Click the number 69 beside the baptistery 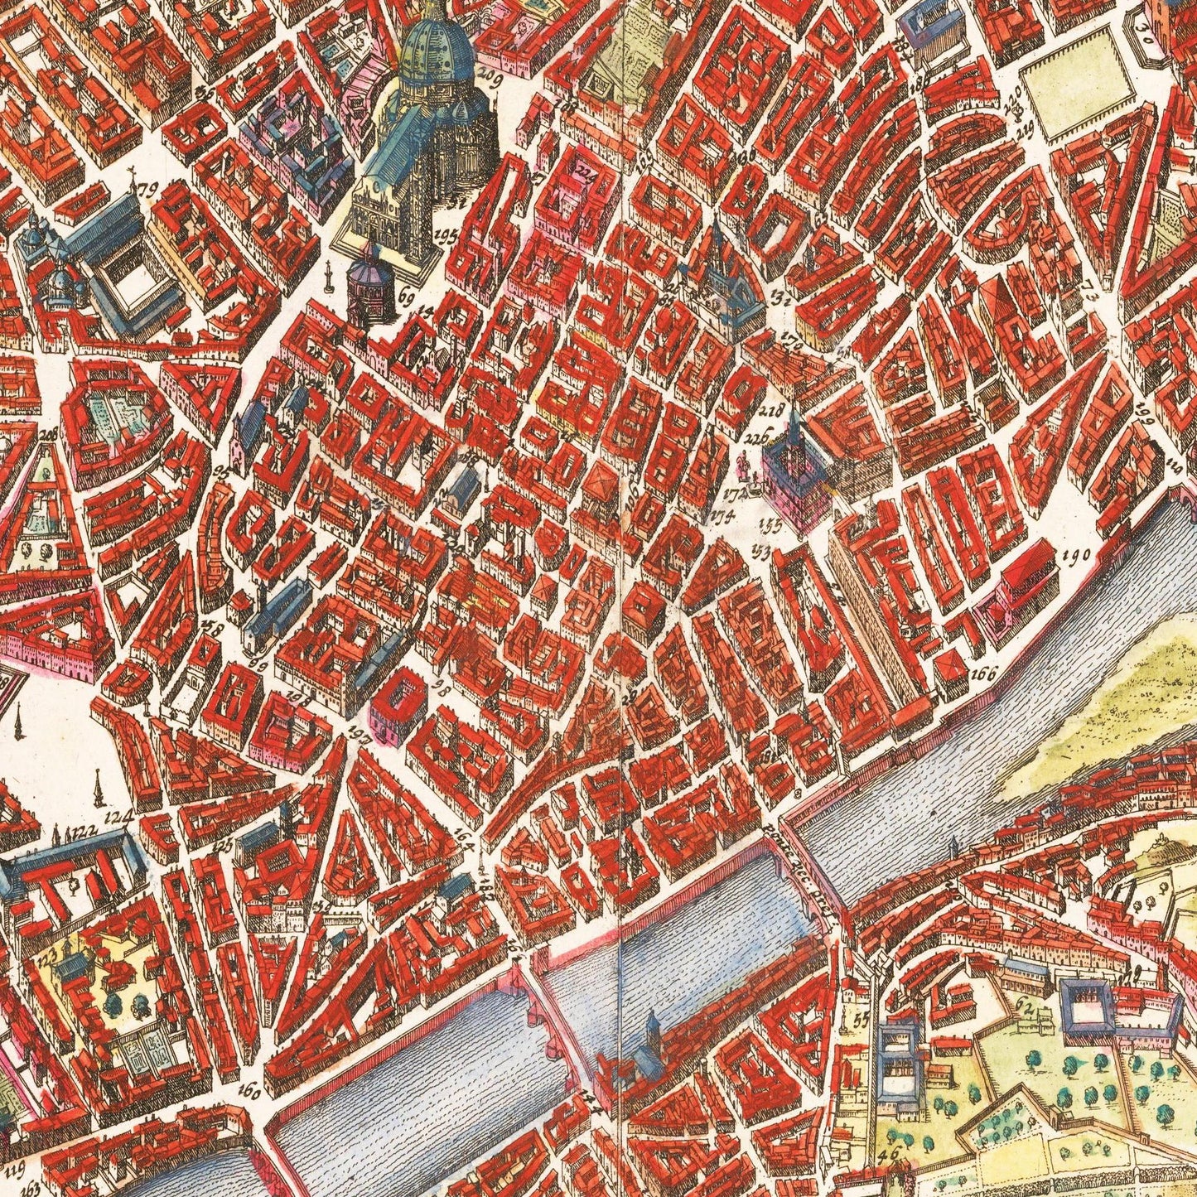coord(406,296)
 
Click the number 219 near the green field coord(1026,126)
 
